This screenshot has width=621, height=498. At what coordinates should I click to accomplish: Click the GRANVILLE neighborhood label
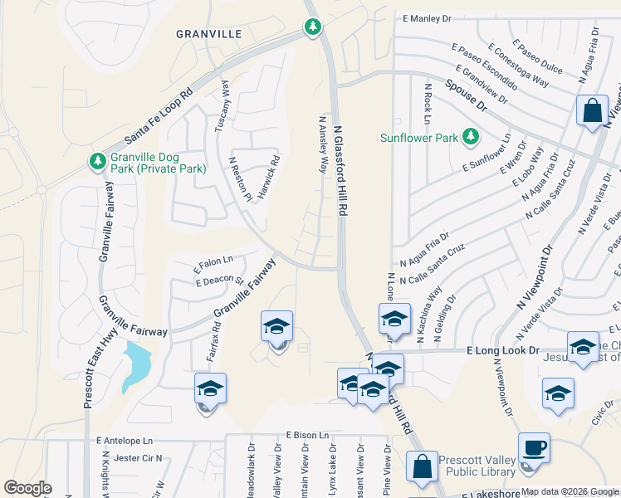coord(209,34)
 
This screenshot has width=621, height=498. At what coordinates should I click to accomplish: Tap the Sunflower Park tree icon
coord(471,135)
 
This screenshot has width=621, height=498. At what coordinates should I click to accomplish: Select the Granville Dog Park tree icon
coord(97,159)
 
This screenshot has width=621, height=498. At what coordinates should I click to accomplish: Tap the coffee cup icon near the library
coord(533,448)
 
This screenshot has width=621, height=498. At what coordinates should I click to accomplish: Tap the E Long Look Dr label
coord(499,351)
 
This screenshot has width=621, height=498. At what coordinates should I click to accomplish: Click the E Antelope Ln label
coord(125,441)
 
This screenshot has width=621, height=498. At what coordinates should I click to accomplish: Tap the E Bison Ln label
coord(308,435)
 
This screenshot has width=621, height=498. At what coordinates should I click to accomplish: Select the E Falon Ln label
coord(214,264)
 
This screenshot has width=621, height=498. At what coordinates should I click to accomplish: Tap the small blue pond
coord(136,365)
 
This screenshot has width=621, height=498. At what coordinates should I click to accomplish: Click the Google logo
coord(27,488)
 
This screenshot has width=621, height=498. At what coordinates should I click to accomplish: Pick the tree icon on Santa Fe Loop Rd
coord(312,27)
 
